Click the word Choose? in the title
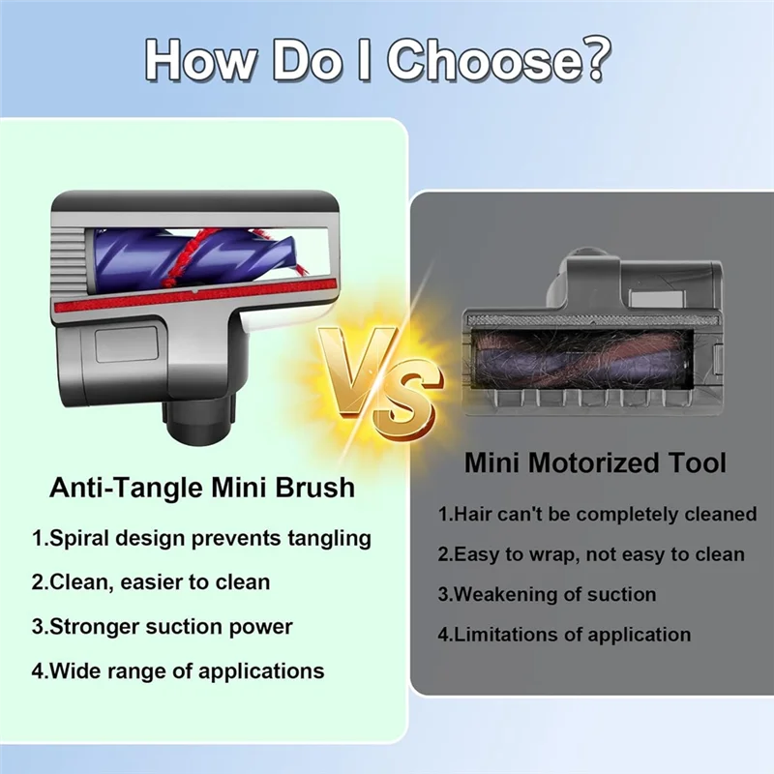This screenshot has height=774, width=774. [x=503, y=60]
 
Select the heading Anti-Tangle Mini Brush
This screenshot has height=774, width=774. [x=202, y=487]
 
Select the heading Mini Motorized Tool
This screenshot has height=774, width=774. [x=594, y=462]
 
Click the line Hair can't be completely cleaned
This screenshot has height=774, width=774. [x=596, y=514]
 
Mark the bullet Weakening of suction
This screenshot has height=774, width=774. [x=547, y=594]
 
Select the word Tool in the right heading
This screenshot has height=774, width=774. [x=695, y=462]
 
